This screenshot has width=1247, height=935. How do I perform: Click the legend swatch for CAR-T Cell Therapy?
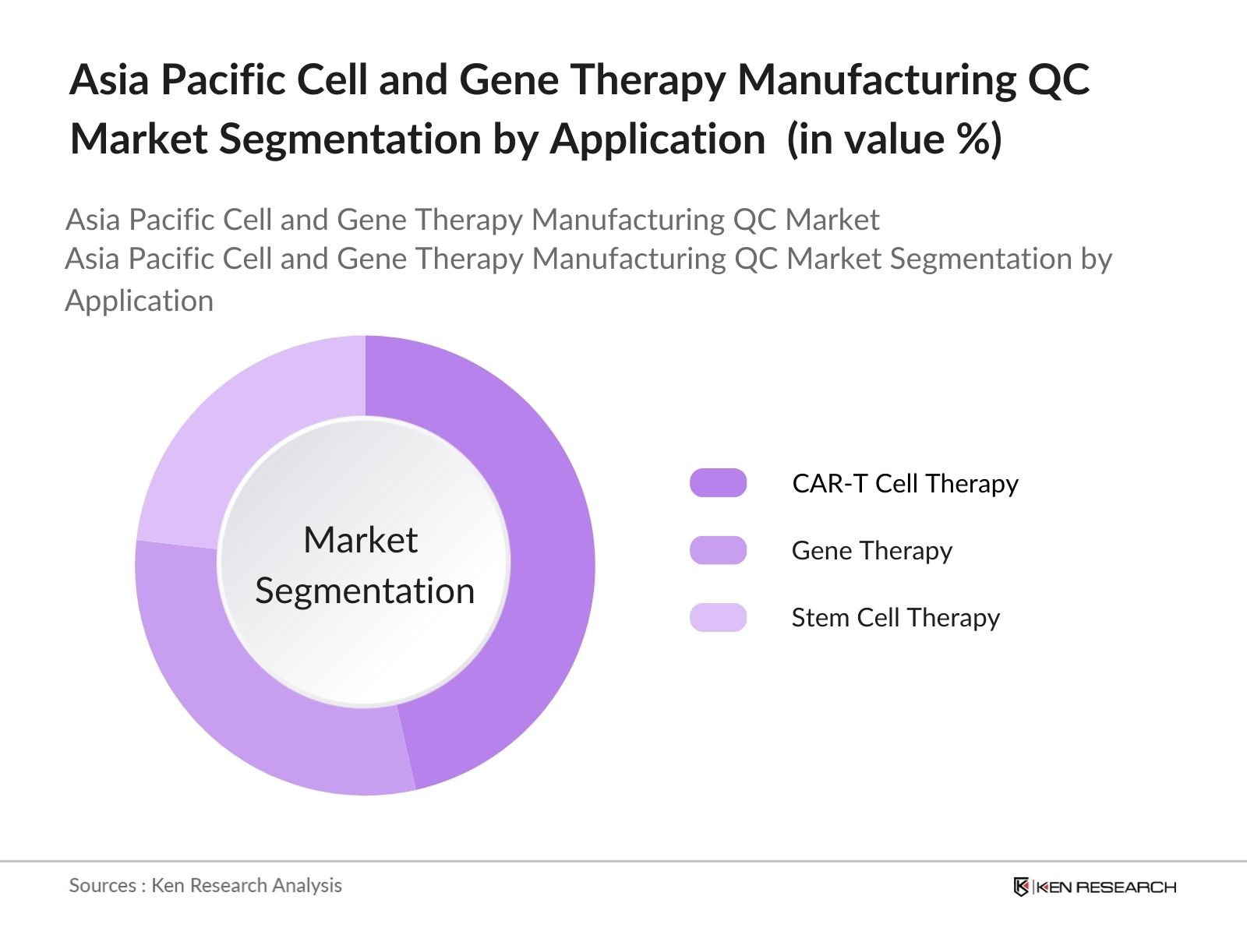click(718, 483)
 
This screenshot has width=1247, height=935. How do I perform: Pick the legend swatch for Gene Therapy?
click(718, 550)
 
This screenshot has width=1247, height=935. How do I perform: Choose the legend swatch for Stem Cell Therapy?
click(718, 617)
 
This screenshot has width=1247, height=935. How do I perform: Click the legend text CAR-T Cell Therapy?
click(905, 484)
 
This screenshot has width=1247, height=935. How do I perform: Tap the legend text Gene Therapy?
click(871, 551)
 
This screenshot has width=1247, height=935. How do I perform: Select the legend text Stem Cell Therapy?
click(896, 618)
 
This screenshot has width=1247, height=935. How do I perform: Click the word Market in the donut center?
click(360, 540)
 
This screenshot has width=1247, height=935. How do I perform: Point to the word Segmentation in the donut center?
click(365, 591)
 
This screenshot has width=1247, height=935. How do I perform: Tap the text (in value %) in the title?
click(894, 140)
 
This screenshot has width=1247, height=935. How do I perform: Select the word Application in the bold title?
click(658, 140)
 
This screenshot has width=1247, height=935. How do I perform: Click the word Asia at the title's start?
click(109, 80)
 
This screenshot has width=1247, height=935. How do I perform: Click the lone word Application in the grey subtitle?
click(139, 301)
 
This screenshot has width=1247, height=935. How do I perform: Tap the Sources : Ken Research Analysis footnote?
click(205, 885)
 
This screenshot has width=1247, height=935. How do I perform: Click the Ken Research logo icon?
click(1021, 887)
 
